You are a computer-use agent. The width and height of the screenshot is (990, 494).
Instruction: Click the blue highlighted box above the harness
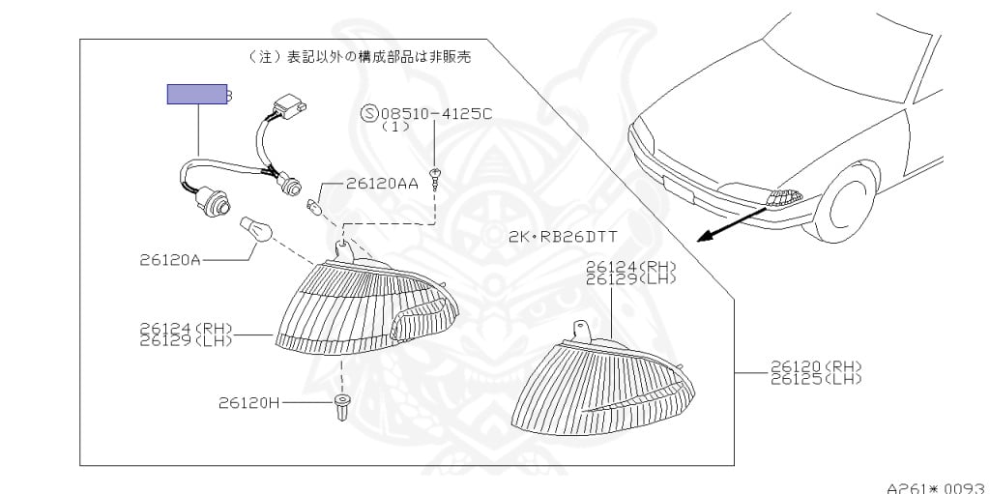coord(197,94)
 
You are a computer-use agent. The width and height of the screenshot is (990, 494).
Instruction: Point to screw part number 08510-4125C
coord(436,113)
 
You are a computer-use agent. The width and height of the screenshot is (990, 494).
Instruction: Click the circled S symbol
coord(368,113)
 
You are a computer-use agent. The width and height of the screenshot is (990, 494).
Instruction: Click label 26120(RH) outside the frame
coord(815,366)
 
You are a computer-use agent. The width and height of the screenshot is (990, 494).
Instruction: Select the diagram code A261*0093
coord(936,486)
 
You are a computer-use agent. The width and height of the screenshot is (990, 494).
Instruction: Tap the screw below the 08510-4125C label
coord(436,175)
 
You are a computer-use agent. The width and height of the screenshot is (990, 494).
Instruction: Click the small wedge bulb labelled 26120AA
coord(312,205)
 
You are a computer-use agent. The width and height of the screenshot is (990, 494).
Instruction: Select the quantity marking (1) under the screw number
coord(395,127)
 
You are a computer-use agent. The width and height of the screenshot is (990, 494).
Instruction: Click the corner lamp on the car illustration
coord(783,197)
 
